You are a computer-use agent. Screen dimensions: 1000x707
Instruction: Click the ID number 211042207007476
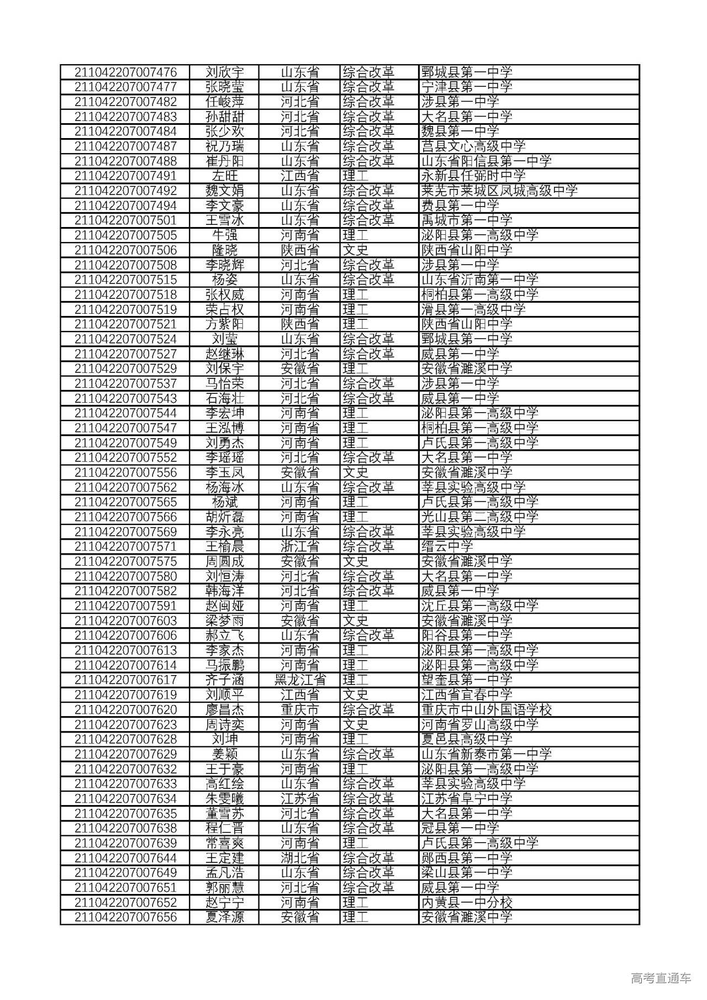[125, 72]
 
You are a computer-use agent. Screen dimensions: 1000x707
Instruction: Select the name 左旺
[225, 176]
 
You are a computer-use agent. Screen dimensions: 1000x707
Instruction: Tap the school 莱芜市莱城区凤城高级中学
[499, 191]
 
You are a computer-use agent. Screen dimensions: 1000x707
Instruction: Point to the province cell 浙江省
[300, 547]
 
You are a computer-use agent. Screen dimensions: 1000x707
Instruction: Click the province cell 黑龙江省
[300, 680]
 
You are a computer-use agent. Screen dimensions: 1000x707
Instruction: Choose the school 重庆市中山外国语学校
[486, 710]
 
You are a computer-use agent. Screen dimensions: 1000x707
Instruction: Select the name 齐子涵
[225, 680]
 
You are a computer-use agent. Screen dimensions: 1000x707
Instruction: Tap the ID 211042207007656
[125, 918]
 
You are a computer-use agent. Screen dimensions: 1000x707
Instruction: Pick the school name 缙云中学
[447, 547]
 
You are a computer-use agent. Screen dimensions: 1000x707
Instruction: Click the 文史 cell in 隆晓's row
[355, 250]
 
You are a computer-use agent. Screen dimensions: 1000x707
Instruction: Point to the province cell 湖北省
[300, 858]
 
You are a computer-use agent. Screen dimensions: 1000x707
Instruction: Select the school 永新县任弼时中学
[473, 176]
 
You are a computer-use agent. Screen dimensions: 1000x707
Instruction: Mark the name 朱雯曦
[225, 799]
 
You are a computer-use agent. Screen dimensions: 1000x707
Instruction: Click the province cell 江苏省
[300, 799]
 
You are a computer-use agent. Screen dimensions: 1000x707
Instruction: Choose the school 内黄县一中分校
[467, 903]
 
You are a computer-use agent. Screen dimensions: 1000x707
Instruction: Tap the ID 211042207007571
[125, 547]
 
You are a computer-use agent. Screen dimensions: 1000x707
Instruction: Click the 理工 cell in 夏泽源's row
[355, 918]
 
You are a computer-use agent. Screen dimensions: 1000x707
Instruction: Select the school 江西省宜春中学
[467, 695]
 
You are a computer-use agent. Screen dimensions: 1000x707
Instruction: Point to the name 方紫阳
[225, 324]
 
